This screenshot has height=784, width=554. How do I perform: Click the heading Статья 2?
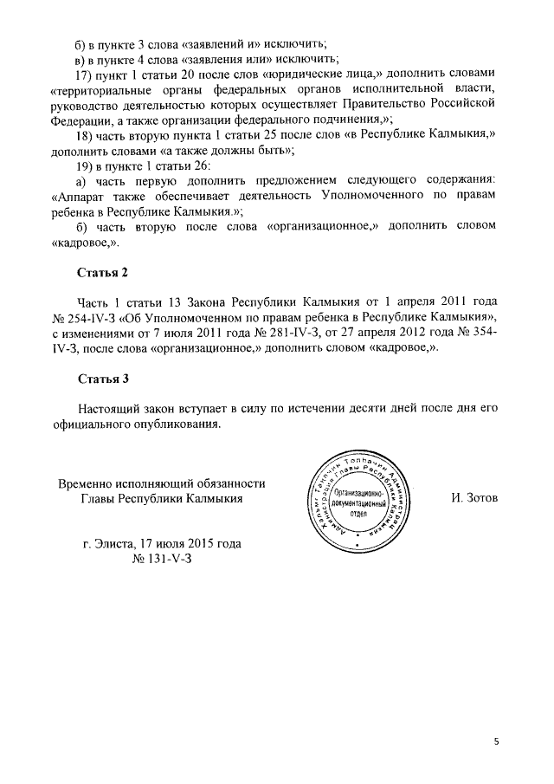pos(103,273)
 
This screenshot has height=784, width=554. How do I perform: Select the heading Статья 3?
pos(103,379)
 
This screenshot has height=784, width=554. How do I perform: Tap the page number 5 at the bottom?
pos(497,742)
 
